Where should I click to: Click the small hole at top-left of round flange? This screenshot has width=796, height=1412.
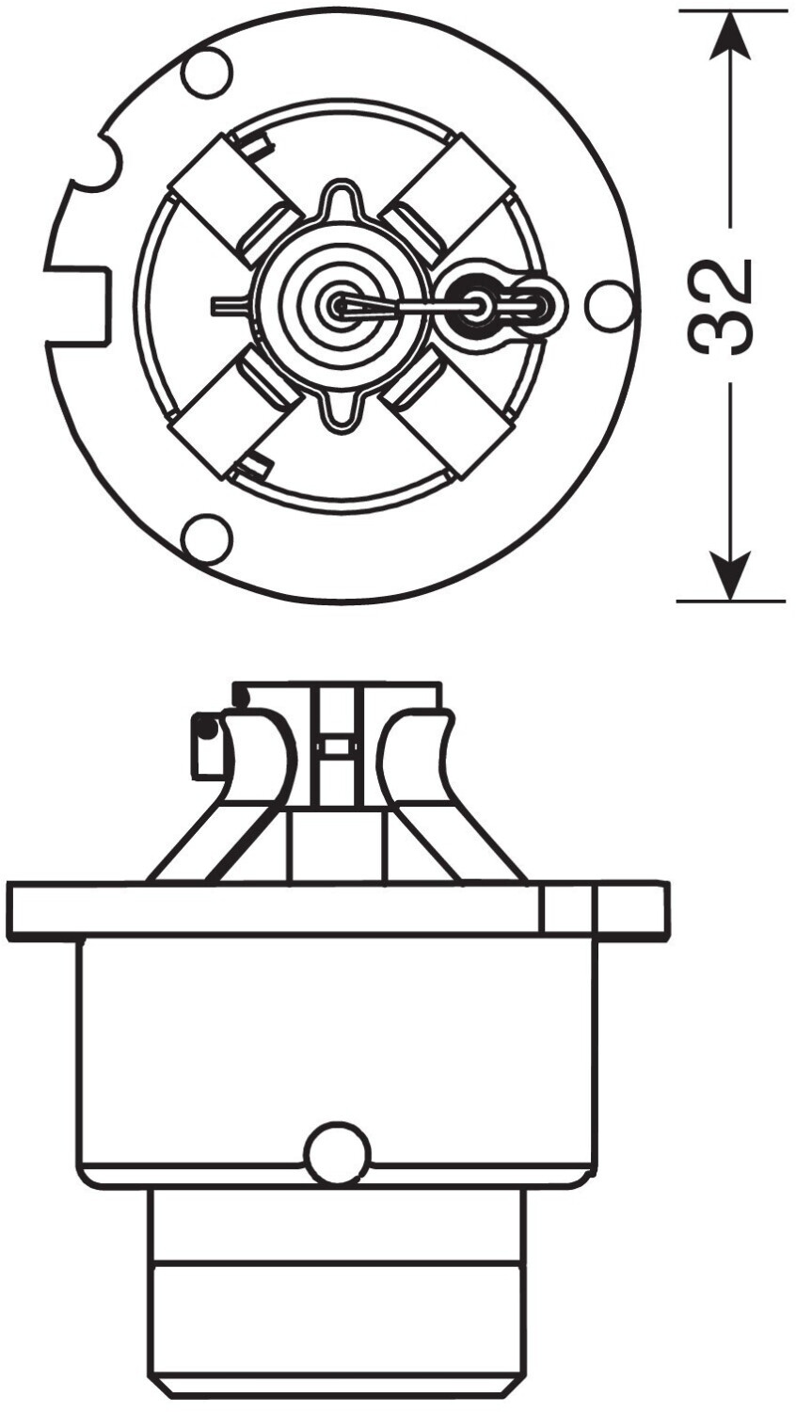pos(206,73)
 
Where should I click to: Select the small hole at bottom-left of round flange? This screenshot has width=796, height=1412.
pos(206,538)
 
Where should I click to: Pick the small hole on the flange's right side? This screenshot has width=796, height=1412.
pos(609,305)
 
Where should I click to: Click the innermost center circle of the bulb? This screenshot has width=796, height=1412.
pos(339,304)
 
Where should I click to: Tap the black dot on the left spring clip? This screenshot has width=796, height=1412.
pos(206,728)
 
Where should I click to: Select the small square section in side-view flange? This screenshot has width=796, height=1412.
pos(567,909)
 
